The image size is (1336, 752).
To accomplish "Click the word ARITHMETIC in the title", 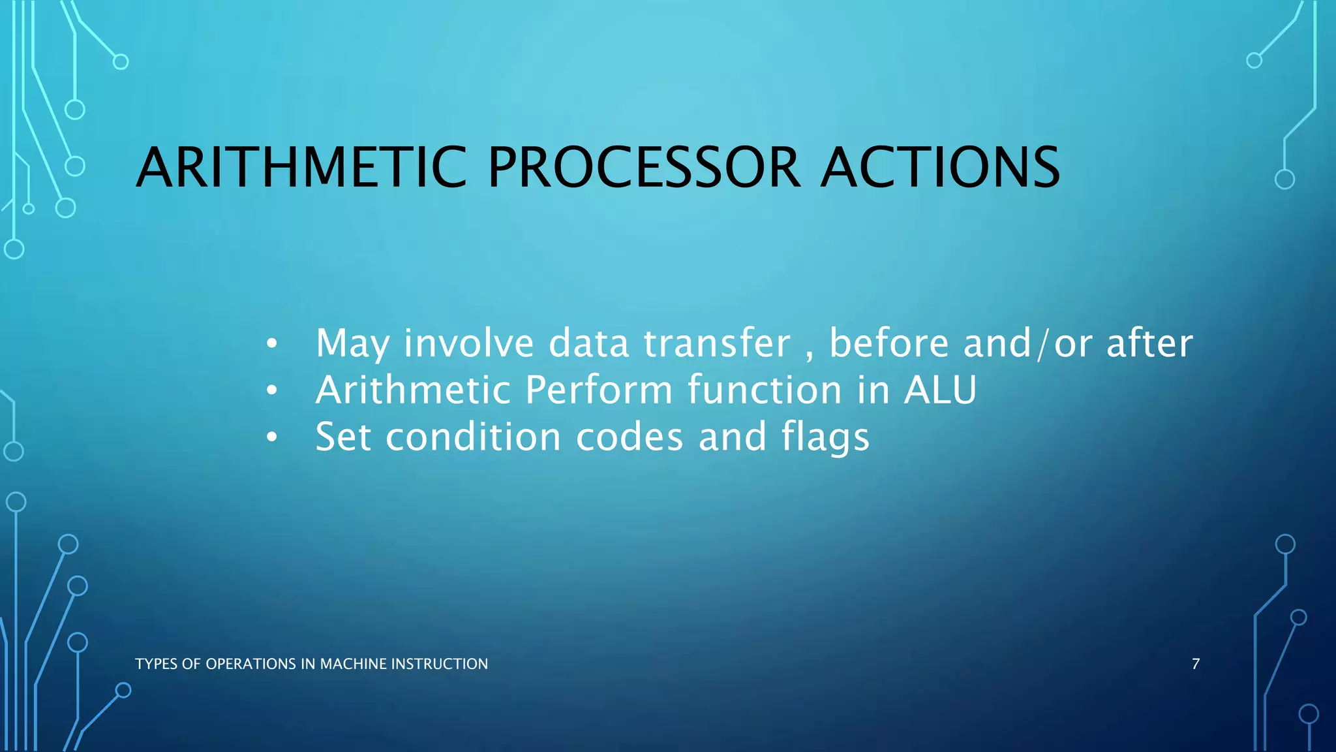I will pyautogui.click(x=301, y=168).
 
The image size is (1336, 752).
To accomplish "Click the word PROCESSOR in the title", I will pyautogui.click(x=644, y=168).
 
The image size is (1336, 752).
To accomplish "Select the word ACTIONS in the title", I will pyautogui.click(x=940, y=168).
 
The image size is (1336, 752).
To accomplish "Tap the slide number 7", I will pyautogui.click(x=1196, y=664).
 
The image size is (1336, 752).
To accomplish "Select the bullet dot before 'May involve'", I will pyautogui.click(x=272, y=343).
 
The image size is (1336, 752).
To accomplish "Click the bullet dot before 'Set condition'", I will pyautogui.click(x=272, y=437).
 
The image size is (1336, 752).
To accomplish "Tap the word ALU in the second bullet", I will pyautogui.click(x=940, y=390).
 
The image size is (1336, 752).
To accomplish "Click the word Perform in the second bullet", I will pyautogui.click(x=598, y=390).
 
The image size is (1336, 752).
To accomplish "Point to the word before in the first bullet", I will pyautogui.click(x=888, y=343).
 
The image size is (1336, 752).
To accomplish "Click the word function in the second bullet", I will pyautogui.click(x=765, y=390).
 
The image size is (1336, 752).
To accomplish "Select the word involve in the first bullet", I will pyautogui.click(x=468, y=343).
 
